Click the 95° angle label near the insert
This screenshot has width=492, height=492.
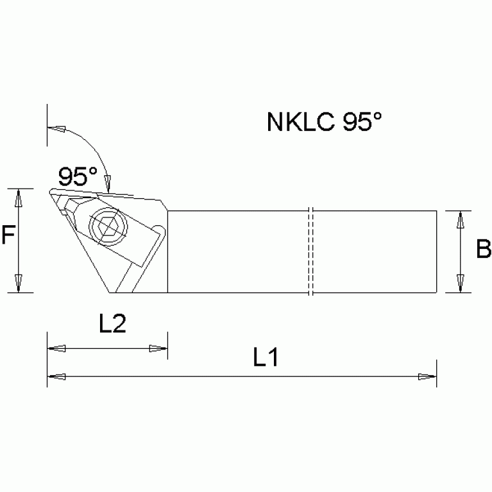[77, 175]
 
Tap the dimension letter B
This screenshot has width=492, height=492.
[483, 250]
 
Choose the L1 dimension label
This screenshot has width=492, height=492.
[265, 358]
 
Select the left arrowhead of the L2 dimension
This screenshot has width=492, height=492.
[56, 348]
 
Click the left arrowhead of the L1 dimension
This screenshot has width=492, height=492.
[56, 377]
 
